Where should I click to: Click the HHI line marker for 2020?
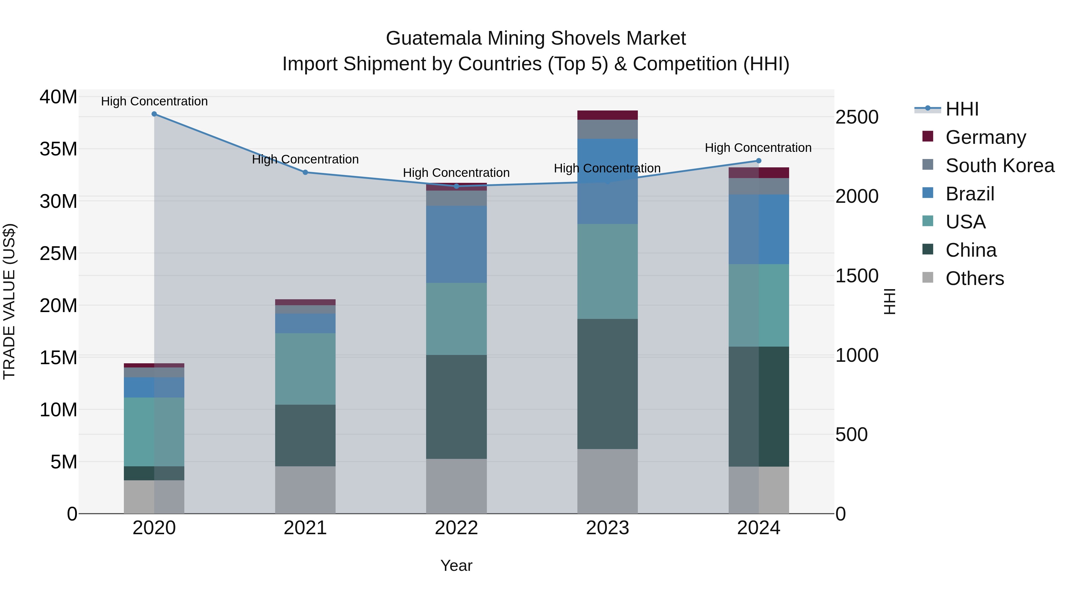click(x=154, y=114)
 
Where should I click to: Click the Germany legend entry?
click(x=985, y=137)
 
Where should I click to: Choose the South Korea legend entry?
click(x=1000, y=166)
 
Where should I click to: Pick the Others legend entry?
click(x=974, y=278)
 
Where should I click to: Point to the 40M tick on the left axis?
click(x=58, y=97)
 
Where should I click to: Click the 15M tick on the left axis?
click(x=58, y=357)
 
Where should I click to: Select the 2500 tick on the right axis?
click(x=857, y=117)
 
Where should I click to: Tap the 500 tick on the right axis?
click(x=851, y=434)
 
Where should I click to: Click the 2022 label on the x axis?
click(x=456, y=528)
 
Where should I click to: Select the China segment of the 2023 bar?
click(x=607, y=384)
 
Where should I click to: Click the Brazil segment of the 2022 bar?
click(x=456, y=244)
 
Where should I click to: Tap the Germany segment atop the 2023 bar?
click(x=607, y=115)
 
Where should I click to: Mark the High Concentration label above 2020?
click(x=154, y=101)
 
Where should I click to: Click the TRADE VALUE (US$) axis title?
click(x=9, y=301)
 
